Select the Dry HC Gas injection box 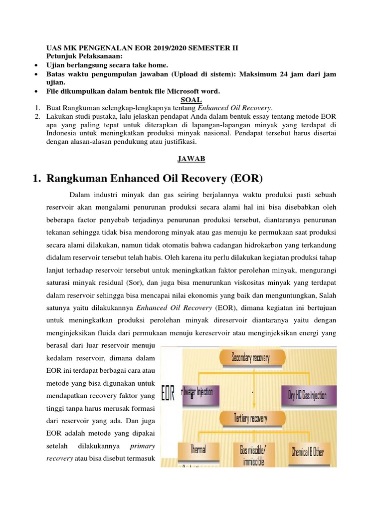(308, 395)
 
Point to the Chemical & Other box (307, 452)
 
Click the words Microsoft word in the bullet (197, 91)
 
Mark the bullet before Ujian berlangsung (37, 65)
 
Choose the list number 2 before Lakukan (38, 116)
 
